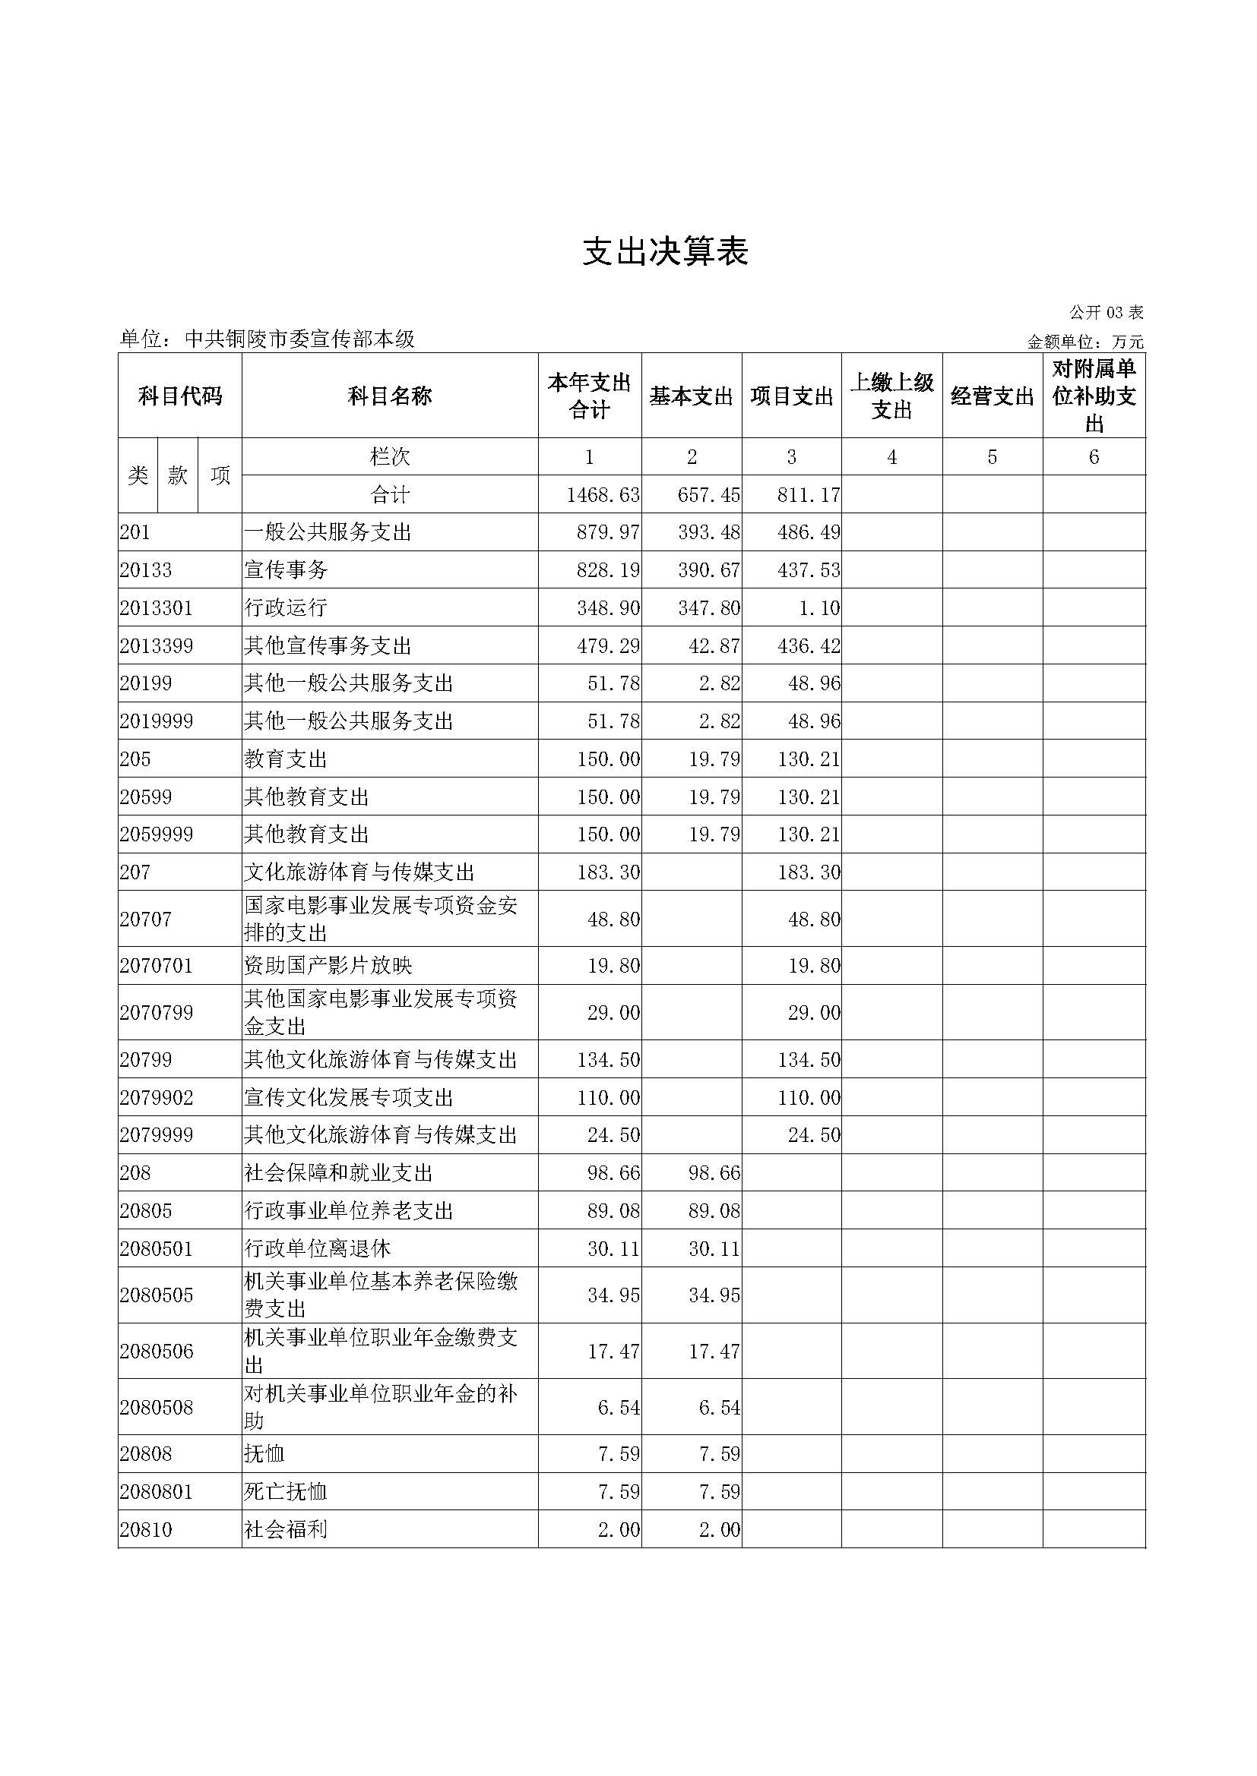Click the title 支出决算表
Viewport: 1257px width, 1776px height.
(x=665, y=252)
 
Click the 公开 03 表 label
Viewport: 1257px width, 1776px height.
(x=1106, y=313)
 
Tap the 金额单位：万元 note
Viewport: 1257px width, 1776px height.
(x=1085, y=342)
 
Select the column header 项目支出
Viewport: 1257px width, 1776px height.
(x=791, y=397)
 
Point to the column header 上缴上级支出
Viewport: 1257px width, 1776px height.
(x=891, y=396)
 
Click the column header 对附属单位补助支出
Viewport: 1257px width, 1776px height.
(x=1094, y=396)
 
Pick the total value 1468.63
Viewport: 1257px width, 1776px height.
(x=603, y=495)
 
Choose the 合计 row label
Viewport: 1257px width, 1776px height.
(x=389, y=495)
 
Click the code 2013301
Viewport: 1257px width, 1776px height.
(x=157, y=608)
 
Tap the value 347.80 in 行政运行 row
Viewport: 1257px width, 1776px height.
(x=709, y=608)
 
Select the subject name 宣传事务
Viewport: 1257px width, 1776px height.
(x=286, y=570)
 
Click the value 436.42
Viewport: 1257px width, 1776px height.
(x=809, y=646)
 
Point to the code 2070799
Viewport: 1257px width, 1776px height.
(x=157, y=1013)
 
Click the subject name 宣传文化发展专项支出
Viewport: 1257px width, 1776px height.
(x=348, y=1098)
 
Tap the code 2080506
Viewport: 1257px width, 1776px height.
(x=157, y=1352)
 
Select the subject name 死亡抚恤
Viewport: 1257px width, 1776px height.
(x=286, y=1492)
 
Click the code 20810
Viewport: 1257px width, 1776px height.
(x=146, y=1530)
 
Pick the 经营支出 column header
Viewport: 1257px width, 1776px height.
(x=993, y=397)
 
